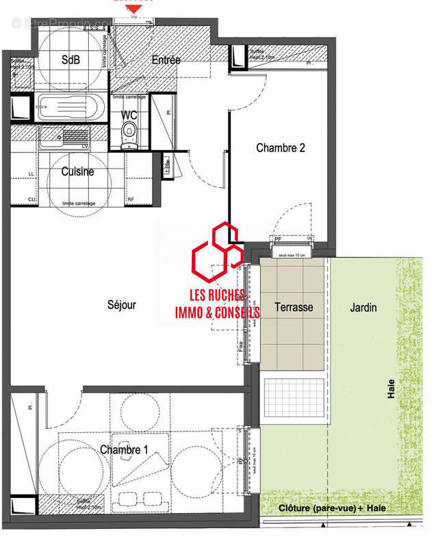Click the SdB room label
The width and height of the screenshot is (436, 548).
tap(70, 60)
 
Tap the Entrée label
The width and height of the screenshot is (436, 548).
tap(166, 60)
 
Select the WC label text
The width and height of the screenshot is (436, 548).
tap(129, 115)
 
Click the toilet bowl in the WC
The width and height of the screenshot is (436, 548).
tap(128, 133)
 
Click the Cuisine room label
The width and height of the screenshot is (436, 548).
tap(77, 172)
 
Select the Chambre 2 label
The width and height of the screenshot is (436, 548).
tap(280, 147)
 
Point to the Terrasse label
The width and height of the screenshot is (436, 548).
tap(294, 308)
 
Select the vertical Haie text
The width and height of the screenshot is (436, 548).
tap(392, 391)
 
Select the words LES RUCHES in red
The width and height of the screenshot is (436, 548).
tap(218, 296)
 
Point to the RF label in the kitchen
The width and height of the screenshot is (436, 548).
tap(131, 200)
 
